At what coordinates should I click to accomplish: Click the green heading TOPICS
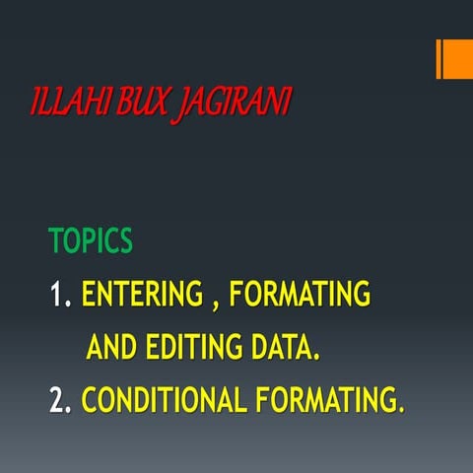pos(91,241)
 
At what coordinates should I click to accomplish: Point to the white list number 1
pos(58,295)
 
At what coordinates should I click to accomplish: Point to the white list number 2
pos(58,400)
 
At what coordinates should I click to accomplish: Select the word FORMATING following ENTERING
pos(299,295)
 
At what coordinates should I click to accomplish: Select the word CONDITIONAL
pos(164,400)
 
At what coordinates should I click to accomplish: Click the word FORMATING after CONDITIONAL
pos(324,400)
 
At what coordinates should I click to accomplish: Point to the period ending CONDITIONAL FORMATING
pos(401,409)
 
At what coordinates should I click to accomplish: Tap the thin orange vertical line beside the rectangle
pos(439,59)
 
